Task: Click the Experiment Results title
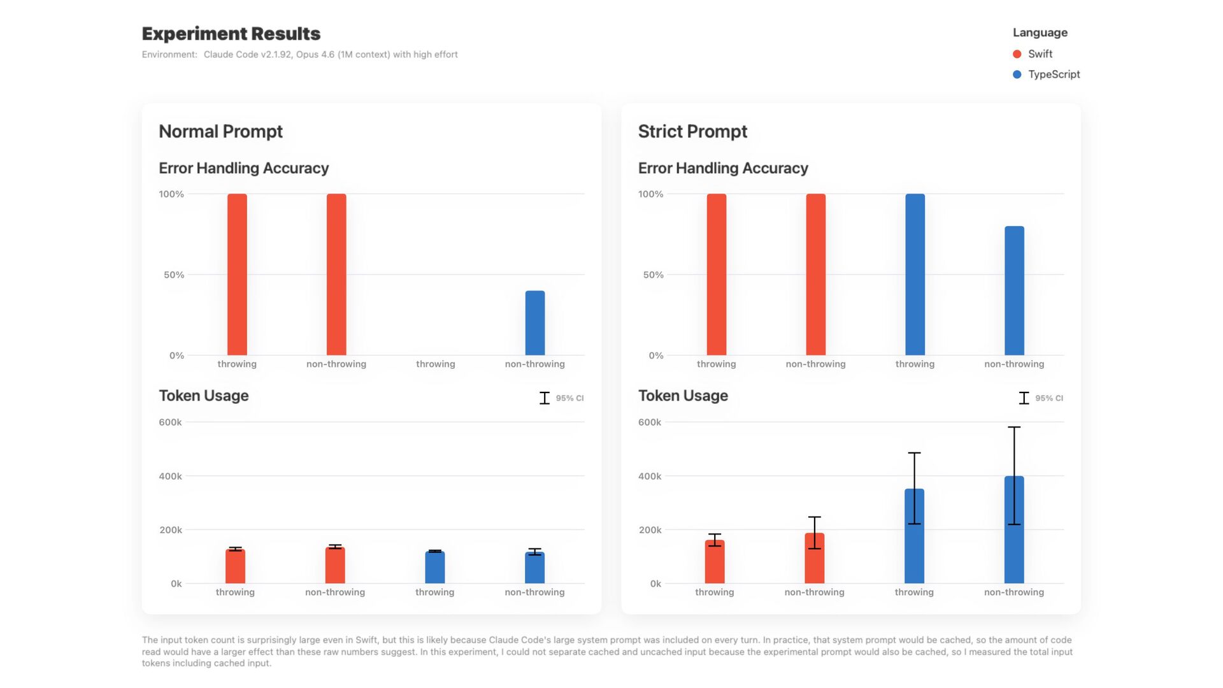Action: click(231, 34)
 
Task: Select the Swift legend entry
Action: click(1040, 54)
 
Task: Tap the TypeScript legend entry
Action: click(1054, 75)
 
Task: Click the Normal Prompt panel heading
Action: click(220, 131)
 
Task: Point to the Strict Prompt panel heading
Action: click(692, 131)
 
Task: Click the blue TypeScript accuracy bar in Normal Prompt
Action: click(534, 323)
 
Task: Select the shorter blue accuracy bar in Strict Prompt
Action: click(1014, 290)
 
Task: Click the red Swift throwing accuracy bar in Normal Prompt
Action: click(237, 275)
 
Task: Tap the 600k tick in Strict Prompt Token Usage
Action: click(650, 422)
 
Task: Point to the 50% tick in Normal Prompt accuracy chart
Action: click(173, 275)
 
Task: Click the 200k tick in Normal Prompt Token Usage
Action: click(171, 530)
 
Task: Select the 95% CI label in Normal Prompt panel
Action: click(569, 398)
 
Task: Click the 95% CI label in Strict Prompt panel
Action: click(1048, 398)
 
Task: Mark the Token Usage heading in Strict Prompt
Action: click(683, 396)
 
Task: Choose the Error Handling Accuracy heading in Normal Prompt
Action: click(243, 168)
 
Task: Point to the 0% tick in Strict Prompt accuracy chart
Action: click(656, 356)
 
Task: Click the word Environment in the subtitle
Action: click(169, 55)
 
